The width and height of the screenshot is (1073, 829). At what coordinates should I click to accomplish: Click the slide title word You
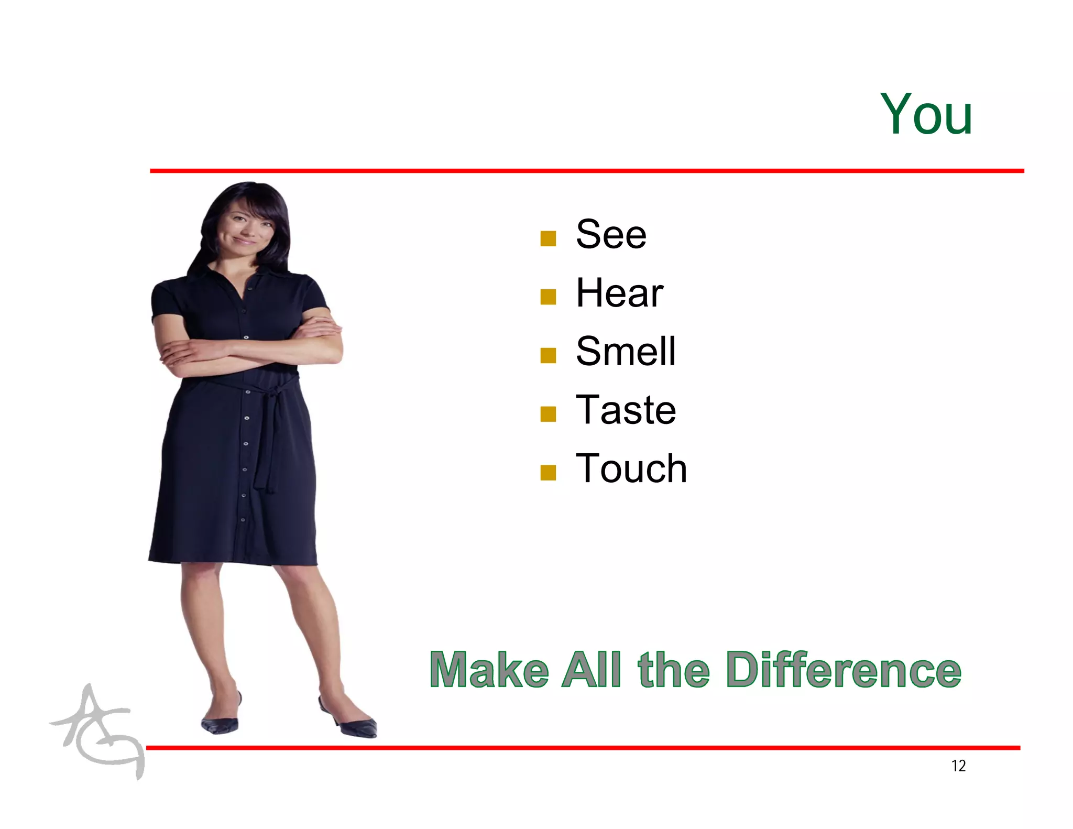coord(926,114)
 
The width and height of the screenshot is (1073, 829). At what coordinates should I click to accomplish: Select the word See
coord(611,234)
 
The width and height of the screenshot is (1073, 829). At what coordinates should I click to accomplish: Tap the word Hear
coord(619,293)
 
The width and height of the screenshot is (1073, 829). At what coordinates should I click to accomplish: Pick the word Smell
coord(626,351)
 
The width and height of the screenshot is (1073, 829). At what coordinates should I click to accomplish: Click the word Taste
coord(626,410)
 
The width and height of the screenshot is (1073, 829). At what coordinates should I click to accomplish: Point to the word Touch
coord(631,468)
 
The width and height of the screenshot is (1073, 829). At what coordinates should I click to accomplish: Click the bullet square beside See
coord(548,238)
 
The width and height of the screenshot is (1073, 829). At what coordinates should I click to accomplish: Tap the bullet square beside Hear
coord(548,297)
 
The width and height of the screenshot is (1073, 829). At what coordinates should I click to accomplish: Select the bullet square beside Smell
coord(548,356)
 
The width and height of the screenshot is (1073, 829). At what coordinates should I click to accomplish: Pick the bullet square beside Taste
coord(548,414)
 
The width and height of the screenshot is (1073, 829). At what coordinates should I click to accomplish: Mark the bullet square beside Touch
coord(548,473)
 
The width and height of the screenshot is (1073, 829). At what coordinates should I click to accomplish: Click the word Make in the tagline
coord(489,670)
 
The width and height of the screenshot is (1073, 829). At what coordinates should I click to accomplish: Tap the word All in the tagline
coord(591,670)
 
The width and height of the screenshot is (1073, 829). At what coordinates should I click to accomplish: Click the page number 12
coord(958,766)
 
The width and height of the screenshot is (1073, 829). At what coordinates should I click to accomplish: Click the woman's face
coord(243,231)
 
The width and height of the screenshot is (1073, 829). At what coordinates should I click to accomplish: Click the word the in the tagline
coord(674,670)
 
